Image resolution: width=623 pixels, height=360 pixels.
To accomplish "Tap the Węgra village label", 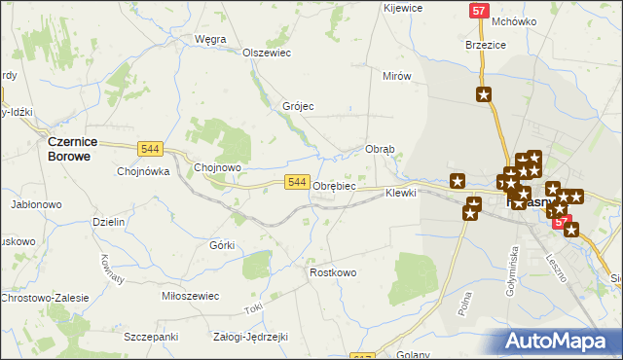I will tap(210, 39).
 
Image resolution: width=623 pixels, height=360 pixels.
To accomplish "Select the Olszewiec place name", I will tap(267, 54).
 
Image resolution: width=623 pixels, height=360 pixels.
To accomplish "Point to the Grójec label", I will tap(298, 106).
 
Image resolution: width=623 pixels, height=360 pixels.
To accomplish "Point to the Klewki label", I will tap(400, 193).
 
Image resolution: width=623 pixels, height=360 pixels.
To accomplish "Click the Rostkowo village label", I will tap(333, 272).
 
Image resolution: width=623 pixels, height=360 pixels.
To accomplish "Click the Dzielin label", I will tap(109, 222).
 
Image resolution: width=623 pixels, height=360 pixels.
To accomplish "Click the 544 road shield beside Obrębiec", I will tap(298, 182).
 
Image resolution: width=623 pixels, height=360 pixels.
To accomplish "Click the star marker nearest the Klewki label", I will tap(458, 180).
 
